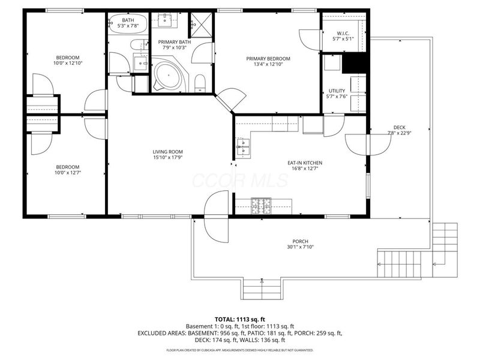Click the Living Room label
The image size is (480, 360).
[x=167, y=152]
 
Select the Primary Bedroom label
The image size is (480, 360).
[x=268, y=59]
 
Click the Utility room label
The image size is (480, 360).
[x=337, y=91]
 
